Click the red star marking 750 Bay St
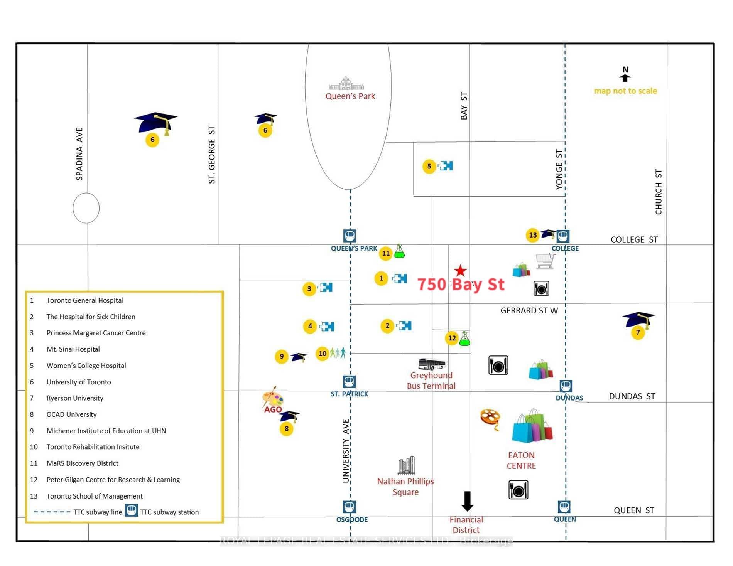[x=460, y=271]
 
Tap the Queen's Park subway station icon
[x=350, y=236]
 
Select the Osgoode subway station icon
[x=349, y=507]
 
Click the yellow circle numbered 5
[x=429, y=166]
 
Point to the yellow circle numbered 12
[x=452, y=338]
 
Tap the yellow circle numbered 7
[x=638, y=332]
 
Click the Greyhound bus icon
[x=432, y=364]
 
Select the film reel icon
[x=490, y=419]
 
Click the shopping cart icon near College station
[x=546, y=261]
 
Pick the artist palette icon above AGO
[x=273, y=397]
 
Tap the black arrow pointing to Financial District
[x=467, y=501]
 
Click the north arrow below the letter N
[x=625, y=78]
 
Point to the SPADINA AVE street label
[x=79, y=154]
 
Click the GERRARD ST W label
[x=529, y=310]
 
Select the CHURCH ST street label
[x=659, y=192]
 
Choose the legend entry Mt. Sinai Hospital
[x=73, y=349]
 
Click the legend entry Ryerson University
[x=75, y=398]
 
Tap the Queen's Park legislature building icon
[x=346, y=83]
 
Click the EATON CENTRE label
[x=521, y=460]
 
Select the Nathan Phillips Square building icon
[x=406, y=465]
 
